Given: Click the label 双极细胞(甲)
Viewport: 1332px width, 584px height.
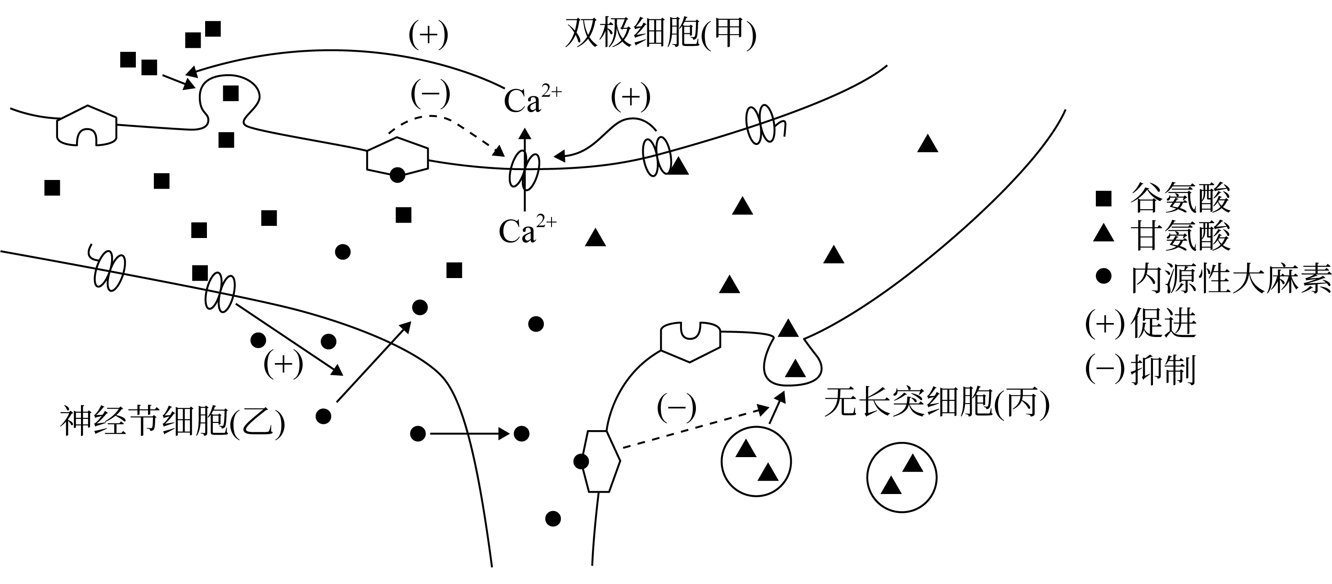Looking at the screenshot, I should point(660,34).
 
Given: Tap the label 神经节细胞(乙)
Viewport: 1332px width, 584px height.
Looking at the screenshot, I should point(172,422).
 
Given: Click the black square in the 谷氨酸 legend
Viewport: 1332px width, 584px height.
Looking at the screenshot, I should point(1103,198).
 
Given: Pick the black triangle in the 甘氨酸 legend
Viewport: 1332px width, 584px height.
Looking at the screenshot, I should point(1103,234).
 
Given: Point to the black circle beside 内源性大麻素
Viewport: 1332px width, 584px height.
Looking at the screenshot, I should point(1103,276).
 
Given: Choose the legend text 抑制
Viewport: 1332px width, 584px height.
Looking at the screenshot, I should point(1163,369).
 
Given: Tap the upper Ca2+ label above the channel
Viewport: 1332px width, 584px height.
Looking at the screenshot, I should point(532,100).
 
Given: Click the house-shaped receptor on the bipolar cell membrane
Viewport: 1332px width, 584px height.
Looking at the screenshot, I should point(86,126).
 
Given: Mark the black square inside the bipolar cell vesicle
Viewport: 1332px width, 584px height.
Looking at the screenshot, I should point(231,94).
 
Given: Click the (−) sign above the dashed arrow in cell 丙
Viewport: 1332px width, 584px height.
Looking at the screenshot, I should point(676,408).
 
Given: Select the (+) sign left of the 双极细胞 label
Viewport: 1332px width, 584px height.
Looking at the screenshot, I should point(428,35).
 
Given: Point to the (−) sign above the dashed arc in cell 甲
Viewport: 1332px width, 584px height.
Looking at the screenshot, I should point(430,94).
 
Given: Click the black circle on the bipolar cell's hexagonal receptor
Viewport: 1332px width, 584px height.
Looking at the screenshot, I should point(397,175).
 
